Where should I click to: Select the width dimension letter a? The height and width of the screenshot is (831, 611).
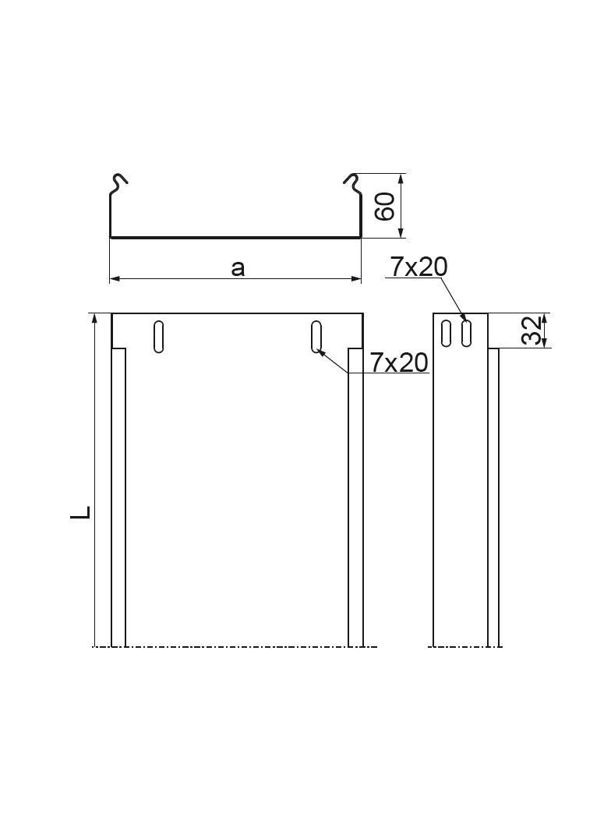tap(238, 269)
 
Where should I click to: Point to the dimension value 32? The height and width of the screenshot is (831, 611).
tap(532, 330)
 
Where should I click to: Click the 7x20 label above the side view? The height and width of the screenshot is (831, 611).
tap(419, 267)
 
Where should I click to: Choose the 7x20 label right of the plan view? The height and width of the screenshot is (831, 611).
tap(400, 362)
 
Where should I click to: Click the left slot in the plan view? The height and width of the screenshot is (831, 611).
tap(158, 336)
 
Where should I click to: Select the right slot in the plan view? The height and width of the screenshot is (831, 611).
tap(316, 336)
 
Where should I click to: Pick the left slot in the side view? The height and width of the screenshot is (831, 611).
tap(447, 333)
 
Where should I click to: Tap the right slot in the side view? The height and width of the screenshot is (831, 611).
tap(466, 333)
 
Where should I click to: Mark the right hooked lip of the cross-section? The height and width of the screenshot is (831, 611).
tap(352, 183)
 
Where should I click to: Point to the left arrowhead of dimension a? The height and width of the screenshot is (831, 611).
tap(114, 278)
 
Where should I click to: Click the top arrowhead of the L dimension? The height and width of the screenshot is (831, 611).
tap(94, 317)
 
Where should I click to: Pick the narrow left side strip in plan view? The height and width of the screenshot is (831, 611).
tap(118, 499)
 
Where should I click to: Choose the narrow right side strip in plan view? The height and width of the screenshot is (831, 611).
tap(355, 499)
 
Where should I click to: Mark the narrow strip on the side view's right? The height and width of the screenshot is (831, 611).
tap(493, 499)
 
